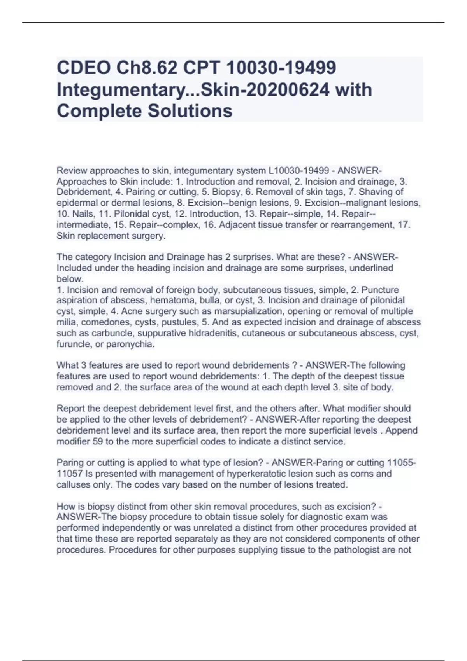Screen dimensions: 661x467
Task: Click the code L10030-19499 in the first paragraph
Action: click(301, 170)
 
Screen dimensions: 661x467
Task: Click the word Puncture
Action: click(380, 290)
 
